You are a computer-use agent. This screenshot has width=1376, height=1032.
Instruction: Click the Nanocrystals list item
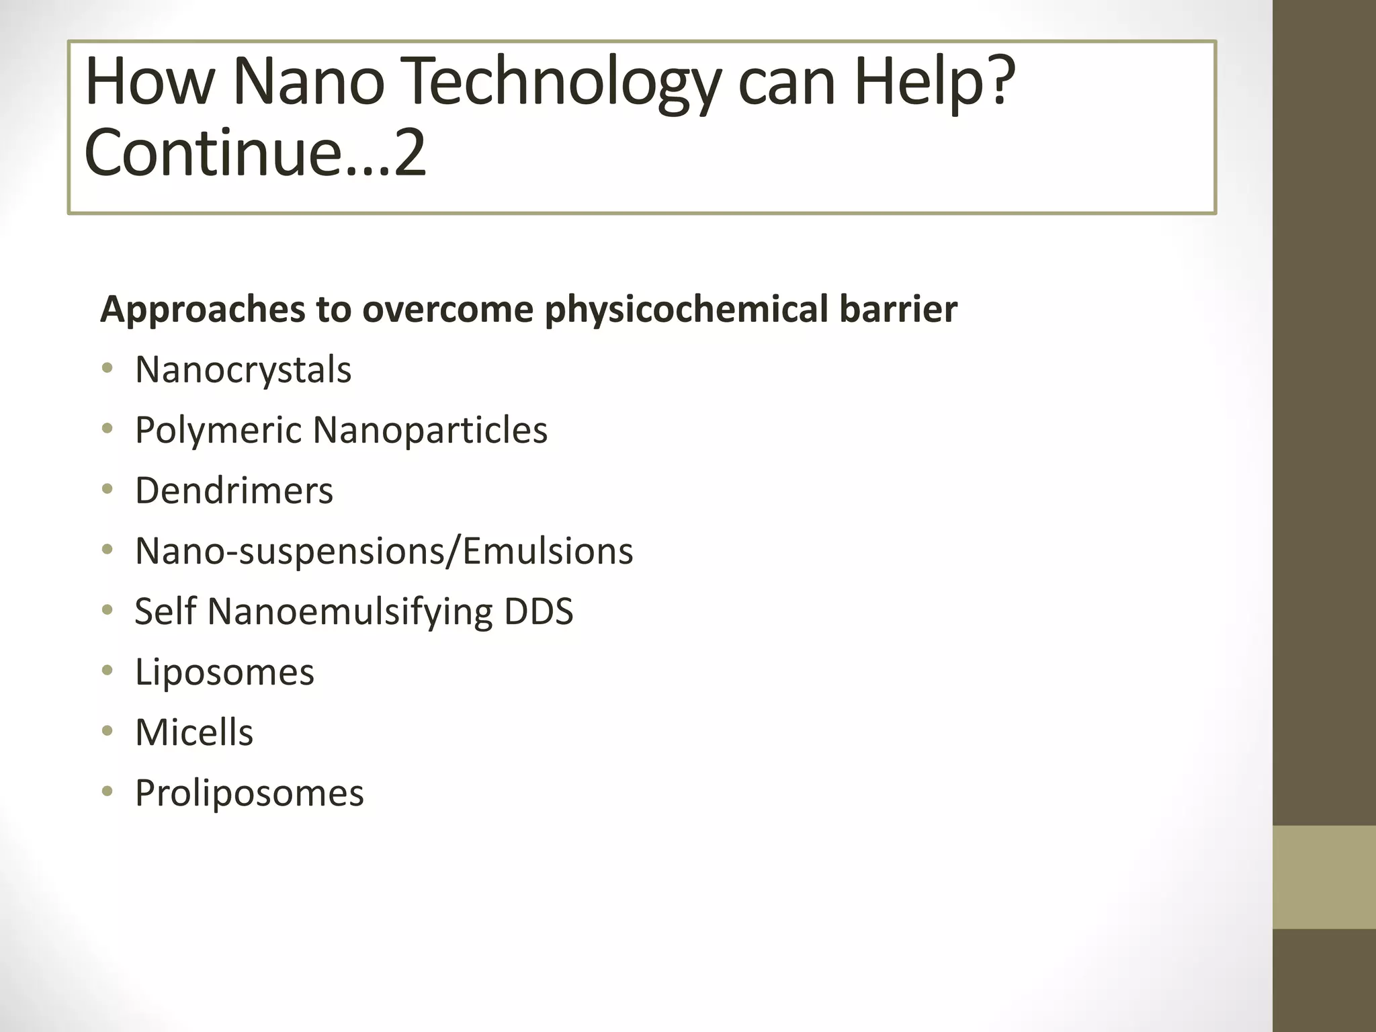click(243, 370)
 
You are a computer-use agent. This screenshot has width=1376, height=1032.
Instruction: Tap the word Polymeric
click(218, 431)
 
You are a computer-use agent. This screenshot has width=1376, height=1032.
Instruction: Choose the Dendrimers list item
click(234, 490)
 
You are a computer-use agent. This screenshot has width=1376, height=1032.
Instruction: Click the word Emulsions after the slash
click(548, 551)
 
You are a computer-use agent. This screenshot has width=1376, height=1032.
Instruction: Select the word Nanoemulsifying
click(350, 612)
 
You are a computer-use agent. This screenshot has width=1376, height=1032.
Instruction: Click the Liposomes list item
click(224, 672)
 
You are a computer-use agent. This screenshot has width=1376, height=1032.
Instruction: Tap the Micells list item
click(194, 732)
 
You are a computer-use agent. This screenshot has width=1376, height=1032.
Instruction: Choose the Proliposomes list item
click(249, 793)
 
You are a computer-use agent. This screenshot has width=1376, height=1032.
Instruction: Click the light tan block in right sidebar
click(1324, 877)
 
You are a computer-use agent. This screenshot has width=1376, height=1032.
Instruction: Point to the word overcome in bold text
click(447, 310)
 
